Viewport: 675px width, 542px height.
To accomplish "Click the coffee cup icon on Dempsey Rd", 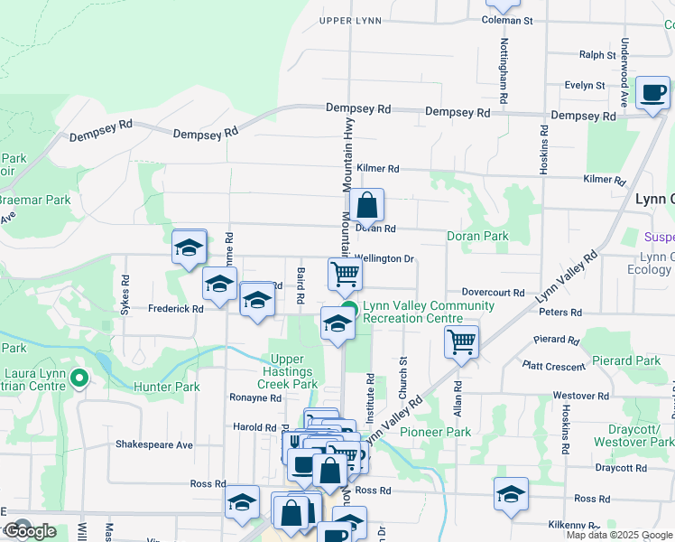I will pyautogui.click(x=652, y=92).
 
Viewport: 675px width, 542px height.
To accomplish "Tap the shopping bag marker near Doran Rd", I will pyautogui.click(x=367, y=206).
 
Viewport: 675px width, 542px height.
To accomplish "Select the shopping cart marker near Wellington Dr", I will pyautogui.click(x=345, y=273).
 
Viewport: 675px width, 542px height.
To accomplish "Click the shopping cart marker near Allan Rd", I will pyautogui.click(x=461, y=341).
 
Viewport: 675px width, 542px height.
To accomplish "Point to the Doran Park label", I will pyautogui.click(x=477, y=236).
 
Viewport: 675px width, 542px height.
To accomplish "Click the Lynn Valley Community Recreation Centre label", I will pyautogui.click(x=428, y=313).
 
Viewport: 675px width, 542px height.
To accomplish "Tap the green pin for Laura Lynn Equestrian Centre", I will pyautogui.click(x=79, y=378).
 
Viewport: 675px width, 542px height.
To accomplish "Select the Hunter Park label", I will pyautogui.click(x=166, y=386).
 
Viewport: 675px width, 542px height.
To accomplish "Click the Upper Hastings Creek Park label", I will pyautogui.click(x=289, y=371).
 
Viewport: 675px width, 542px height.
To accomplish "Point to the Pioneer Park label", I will pyautogui.click(x=435, y=432).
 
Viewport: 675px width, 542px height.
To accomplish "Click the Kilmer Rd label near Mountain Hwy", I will pyautogui.click(x=377, y=168).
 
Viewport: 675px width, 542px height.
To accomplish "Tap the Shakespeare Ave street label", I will pyautogui.click(x=154, y=444).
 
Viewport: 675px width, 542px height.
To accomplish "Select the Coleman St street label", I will pyautogui.click(x=508, y=20).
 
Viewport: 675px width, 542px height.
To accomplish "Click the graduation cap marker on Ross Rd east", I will pyautogui.click(x=511, y=493).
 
